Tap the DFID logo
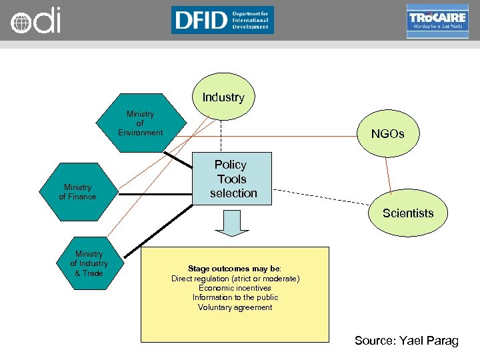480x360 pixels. (x=222, y=20)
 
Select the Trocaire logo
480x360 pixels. (x=437, y=21)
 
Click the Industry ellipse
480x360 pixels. (x=223, y=97)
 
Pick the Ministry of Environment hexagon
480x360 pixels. (x=140, y=123)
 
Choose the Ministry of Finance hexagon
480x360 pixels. (x=77, y=192)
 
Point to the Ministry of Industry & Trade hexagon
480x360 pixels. (x=89, y=263)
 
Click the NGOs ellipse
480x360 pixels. (x=387, y=134)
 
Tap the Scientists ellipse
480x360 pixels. (x=407, y=213)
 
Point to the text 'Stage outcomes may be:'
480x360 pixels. (x=235, y=269)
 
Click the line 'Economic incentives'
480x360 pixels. (x=235, y=288)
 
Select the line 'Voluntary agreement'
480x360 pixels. (x=235, y=307)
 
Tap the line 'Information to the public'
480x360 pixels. (x=235, y=297)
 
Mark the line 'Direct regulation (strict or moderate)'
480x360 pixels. (x=235, y=278)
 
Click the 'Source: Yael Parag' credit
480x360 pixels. (x=406, y=341)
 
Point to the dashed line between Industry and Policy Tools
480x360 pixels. (x=221, y=137)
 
